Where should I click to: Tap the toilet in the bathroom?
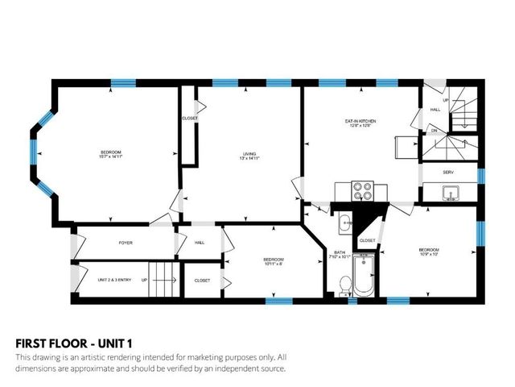coord(344,285)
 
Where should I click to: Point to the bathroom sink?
coord(344,223)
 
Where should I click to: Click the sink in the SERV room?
coord(450,192)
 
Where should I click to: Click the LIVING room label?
coord(250,152)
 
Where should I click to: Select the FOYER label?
coord(125,242)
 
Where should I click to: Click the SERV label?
coord(449,172)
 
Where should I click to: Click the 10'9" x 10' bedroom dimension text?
coord(428,255)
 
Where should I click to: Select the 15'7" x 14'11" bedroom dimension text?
coord(111,157)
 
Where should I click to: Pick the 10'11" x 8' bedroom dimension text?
coord(273,264)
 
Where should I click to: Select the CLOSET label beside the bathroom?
coord(367,240)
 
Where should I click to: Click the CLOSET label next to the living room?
coord(190,119)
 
